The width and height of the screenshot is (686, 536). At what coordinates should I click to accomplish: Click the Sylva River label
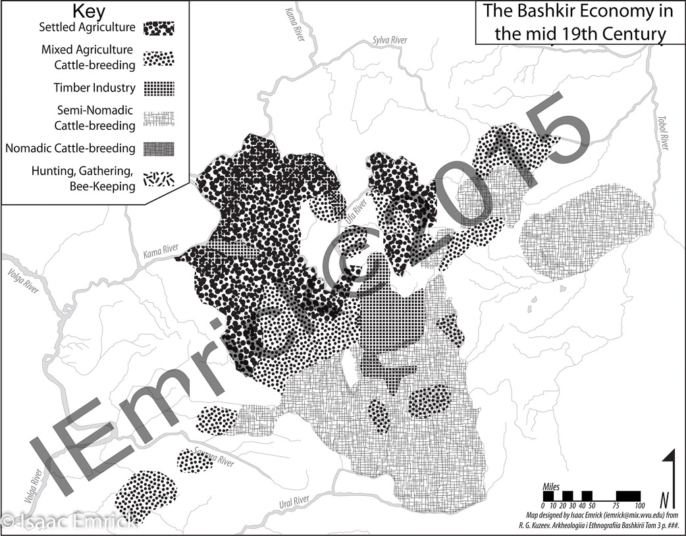coord(390,40)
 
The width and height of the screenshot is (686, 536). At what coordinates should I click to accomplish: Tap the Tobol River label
coord(663,132)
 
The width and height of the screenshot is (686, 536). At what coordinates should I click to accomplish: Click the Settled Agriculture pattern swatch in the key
coord(159,28)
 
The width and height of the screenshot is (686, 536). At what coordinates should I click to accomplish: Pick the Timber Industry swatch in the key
coord(159,88)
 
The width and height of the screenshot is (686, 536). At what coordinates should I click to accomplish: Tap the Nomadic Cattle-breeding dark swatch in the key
coord(159,148)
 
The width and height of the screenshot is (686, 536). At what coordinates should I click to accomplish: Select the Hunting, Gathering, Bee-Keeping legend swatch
coord(159,178)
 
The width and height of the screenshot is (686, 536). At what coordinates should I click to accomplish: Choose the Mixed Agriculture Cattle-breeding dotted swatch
coord(159,57)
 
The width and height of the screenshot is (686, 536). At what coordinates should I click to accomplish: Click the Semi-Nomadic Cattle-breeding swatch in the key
coord(159,118)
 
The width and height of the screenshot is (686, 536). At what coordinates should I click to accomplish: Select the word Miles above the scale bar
coord(551,486)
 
